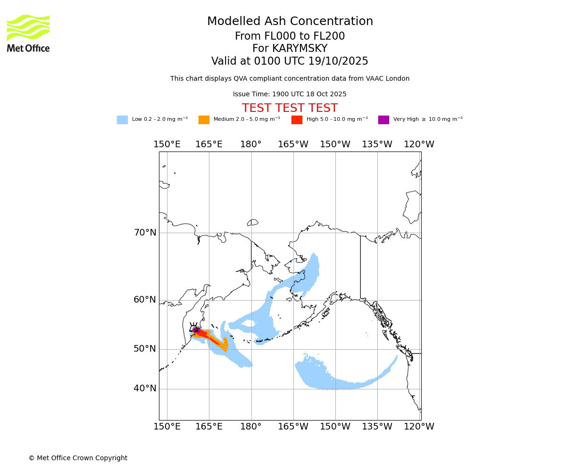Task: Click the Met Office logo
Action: pos(28,33)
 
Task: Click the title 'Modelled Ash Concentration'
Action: pos(290,21)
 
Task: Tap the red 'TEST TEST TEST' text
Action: pos(290,108)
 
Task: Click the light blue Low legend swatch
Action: pos(122,120)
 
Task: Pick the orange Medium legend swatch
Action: pos(204,120)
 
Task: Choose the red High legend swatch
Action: pos(297,120)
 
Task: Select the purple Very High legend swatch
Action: pos(383,120)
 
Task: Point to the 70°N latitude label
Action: pos(145,233)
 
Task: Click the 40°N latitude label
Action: pos(145,388)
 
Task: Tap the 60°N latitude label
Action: pos(145,300)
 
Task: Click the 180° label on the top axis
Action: pos(251,144)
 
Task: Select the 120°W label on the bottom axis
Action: pos(419,427)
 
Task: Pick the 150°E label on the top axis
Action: pos(167,144)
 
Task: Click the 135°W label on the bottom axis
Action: pos(377,427)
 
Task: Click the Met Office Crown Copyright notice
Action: pos(78,458)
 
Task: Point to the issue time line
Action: pos(290,94)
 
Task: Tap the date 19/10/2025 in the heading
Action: pos(338,61)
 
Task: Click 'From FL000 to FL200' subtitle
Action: pos(290,36)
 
